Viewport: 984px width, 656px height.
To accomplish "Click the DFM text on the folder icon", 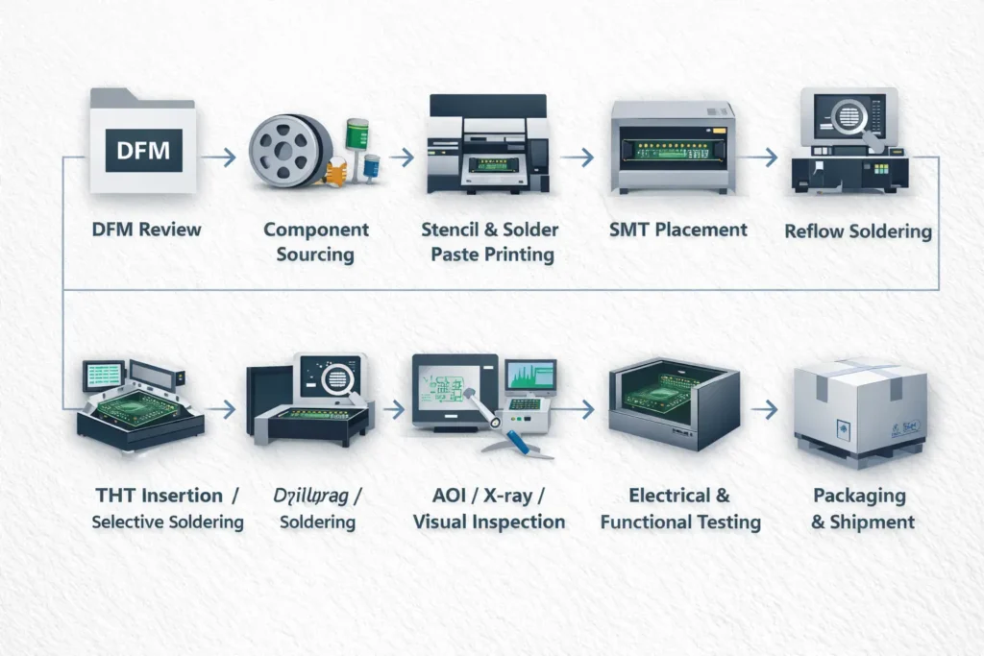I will [x=142, y=151].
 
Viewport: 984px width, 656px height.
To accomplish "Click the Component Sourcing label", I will [x=315, y=242].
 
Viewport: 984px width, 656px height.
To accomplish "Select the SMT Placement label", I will [x=677, y=230].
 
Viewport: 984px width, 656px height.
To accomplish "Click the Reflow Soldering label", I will [x=857, y=231].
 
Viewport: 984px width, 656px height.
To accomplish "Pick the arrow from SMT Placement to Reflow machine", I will [x=762, y=157].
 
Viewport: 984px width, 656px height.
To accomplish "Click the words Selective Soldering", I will [x=168, y=522].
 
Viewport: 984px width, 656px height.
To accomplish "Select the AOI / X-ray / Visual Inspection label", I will [x=488, y=509].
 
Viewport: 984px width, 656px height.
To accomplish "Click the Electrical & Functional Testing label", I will [x=680, y=509].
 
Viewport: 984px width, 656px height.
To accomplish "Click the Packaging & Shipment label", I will [x=859, y=509].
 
